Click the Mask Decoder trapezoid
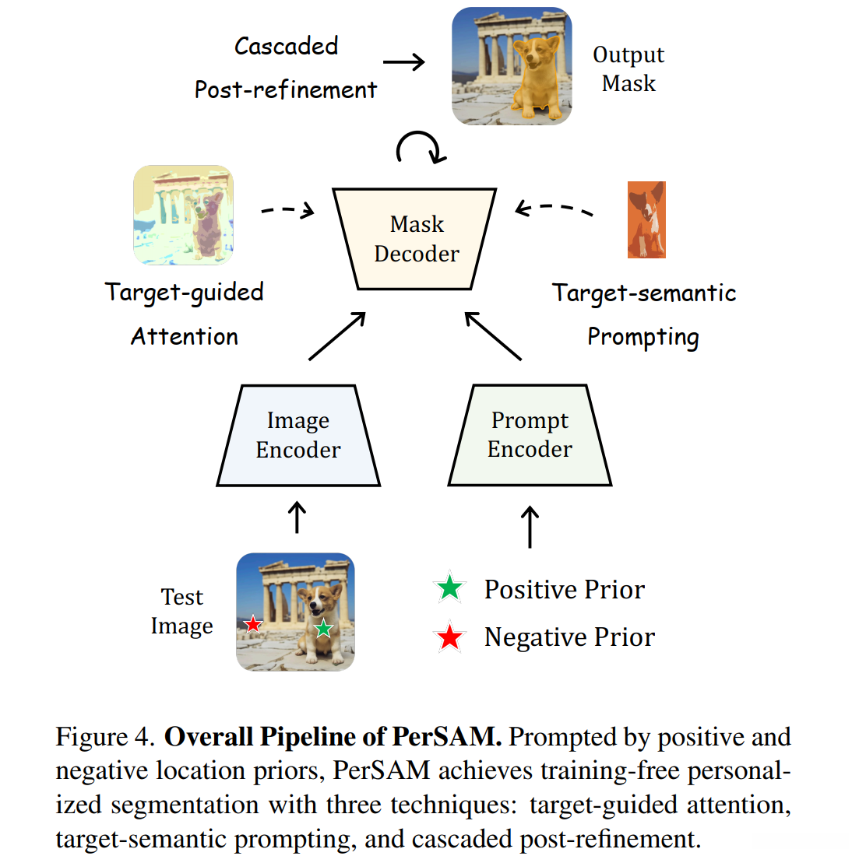tap(415, 239)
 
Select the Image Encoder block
tap(298, 436)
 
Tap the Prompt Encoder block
tap(530, 435)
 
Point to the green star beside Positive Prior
tap(450, 588)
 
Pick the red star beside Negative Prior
tap(450, 637)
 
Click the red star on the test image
tap(253, 624)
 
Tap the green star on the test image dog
tap(323, 628)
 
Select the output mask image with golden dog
tap(512, 66)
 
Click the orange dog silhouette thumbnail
tap(646, 220)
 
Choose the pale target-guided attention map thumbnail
tap(184, 215)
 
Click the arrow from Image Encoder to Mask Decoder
tap(337, 336)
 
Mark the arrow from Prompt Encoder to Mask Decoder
tap(493, 336)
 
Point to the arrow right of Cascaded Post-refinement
tap(404, 62)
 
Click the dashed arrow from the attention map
tap(287, 210)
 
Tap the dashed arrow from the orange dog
tap(554, 209)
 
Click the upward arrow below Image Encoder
tap(297, 517)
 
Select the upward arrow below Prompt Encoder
tap(530, 527)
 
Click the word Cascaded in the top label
tap(286, 46)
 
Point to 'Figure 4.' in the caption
tap(105, 737)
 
